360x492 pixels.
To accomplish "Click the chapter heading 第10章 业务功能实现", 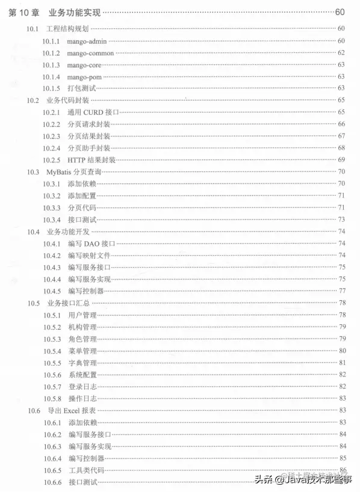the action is (55, 12).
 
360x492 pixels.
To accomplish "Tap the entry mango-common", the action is (90, 52).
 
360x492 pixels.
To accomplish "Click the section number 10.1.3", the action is (51, 64).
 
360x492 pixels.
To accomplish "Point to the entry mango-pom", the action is (85, 76).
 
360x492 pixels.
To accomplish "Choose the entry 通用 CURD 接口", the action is (93, 112).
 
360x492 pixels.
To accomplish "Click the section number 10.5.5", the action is (51, 363).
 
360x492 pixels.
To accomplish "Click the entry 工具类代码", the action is (86, 470).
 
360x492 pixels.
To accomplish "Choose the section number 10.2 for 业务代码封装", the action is (33, 100).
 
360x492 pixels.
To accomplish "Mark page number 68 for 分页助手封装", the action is (341, 148).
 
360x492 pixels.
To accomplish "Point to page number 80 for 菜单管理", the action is (341, 351).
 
